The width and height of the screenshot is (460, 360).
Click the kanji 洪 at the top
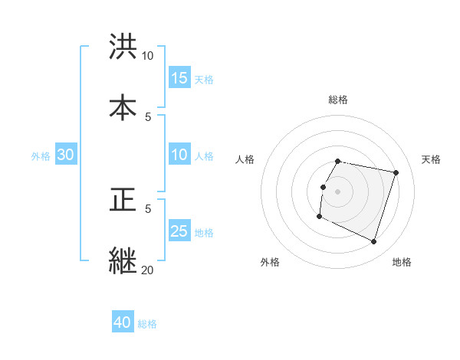123,47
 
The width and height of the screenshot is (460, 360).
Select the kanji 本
123,107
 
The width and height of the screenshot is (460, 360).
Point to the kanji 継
123,261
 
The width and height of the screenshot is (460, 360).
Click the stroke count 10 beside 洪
147,56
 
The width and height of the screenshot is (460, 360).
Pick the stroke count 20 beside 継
147,270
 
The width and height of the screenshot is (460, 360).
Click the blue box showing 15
179,78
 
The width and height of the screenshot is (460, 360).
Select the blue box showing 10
179,155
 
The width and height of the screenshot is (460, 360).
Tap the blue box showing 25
179,231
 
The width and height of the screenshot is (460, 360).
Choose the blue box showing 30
66,155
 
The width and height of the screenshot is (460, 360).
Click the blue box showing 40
123,322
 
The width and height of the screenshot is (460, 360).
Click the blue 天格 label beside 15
204,79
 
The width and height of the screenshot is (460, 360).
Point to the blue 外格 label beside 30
41,155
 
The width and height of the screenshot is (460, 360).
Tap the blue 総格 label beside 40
147,323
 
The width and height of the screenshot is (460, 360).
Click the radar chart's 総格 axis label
338,100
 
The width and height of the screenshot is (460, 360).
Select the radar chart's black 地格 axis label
402,262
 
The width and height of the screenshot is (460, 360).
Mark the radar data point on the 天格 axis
396,173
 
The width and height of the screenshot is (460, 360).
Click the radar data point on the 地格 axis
373,242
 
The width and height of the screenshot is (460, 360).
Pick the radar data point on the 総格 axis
338,161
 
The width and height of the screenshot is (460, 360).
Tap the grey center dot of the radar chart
338,191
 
